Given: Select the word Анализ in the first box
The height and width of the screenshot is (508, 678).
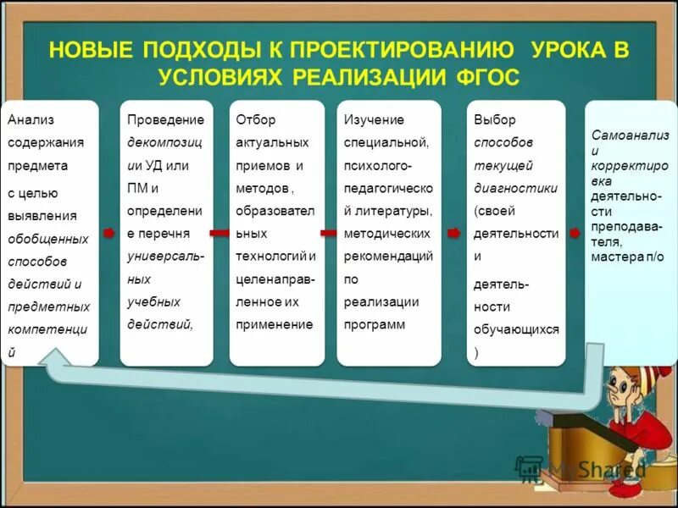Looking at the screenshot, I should click(31, 120).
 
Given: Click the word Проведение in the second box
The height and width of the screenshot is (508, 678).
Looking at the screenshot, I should click(166, 120).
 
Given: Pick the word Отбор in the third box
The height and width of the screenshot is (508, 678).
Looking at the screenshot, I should click(256, 120).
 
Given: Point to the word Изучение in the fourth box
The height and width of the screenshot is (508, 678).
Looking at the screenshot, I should click(374, 120).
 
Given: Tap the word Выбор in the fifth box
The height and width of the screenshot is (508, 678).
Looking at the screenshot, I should click(495, 120).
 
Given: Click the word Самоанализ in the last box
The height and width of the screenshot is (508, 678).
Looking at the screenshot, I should click(631, 135).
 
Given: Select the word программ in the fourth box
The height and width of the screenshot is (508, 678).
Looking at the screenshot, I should click(375, 324).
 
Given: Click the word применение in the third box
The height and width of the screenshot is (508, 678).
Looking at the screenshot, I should click(275, 324).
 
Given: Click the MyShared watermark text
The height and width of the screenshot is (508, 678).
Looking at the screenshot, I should click(593, 468).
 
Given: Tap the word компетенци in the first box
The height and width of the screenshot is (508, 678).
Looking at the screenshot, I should click(49, 329).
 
